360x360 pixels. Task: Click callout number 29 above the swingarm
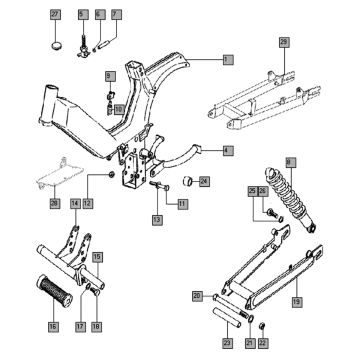point(284,41)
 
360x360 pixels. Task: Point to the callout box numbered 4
point(228,151)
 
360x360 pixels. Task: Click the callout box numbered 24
point(204,181)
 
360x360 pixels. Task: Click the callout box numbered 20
point(197,295)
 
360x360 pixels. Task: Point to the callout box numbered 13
point(157,218)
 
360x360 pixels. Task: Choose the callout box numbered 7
point(115,12)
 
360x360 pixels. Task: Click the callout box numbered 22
point(263,341)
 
